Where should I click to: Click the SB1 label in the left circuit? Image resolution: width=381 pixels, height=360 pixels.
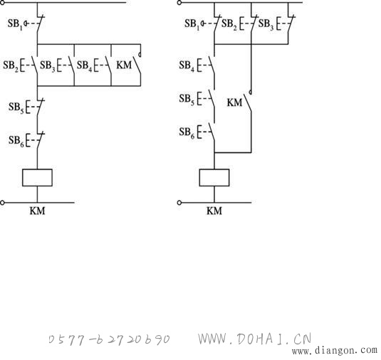pos(15,24)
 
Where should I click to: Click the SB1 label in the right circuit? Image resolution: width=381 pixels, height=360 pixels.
pos(192,24)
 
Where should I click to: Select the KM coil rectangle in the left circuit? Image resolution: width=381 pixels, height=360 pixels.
pos(37,178)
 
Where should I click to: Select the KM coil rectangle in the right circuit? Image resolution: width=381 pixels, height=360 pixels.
pos(214,178)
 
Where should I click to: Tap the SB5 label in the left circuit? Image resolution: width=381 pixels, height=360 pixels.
pos(16,107)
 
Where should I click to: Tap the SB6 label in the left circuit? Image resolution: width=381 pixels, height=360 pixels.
pos(16,141)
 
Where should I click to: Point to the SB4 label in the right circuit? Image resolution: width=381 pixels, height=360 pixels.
pos(187,65)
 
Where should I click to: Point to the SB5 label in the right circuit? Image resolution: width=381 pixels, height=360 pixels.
pos(187,99)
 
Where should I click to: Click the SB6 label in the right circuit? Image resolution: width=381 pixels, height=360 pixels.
pos(187,132)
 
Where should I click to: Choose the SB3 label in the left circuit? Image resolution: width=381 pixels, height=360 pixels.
pos(48,65)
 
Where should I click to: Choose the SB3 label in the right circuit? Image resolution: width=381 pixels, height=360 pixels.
pos(266,24)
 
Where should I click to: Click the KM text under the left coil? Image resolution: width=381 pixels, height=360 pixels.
pos(38,211)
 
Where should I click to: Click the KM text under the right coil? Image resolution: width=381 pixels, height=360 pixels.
pos(214,211)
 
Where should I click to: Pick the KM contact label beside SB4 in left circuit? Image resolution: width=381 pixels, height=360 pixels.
pos(124,65)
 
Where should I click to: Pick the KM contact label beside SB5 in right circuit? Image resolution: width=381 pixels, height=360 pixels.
pos(234,102)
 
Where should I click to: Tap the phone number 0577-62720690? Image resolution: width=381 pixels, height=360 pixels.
pos(109,339)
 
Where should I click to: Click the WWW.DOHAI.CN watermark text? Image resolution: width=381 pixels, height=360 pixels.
pos(254,339)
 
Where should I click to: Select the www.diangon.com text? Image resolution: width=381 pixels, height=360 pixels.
pos(335,351)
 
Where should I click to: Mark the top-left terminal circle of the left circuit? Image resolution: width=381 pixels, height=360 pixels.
pos(2,2)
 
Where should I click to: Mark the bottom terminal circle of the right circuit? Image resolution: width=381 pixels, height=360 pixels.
pos(179,203)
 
